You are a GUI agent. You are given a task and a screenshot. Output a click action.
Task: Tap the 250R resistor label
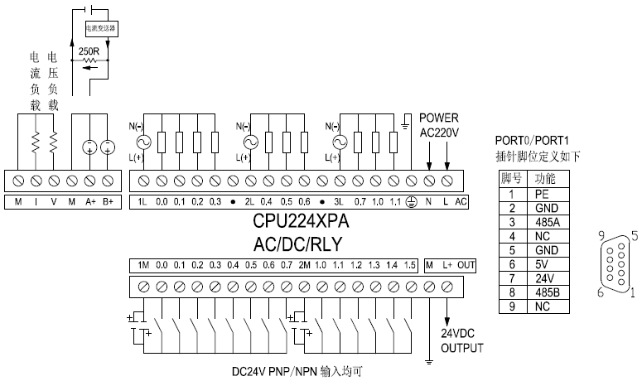coord(89,52)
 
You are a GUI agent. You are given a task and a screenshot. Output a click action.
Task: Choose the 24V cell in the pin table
coord(542,277)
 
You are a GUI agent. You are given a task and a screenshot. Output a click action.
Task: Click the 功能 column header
coord(542,178)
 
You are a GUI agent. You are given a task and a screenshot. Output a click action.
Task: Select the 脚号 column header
coord(510,178)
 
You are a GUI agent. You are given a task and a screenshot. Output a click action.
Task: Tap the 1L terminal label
coord(142,201)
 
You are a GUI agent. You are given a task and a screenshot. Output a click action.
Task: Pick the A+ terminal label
coord(89,201)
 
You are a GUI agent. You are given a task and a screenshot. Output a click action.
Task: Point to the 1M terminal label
coord(142,265)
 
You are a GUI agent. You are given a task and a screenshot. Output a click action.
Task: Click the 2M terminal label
coord(304,265)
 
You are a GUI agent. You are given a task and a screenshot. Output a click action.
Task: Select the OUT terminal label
coord(466,265)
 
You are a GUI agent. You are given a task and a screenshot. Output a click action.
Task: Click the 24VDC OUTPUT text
coord(461,340)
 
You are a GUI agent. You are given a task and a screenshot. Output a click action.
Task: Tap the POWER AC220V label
coord(439,124)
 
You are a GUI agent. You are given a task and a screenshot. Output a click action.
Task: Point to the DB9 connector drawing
coord(615,263)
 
